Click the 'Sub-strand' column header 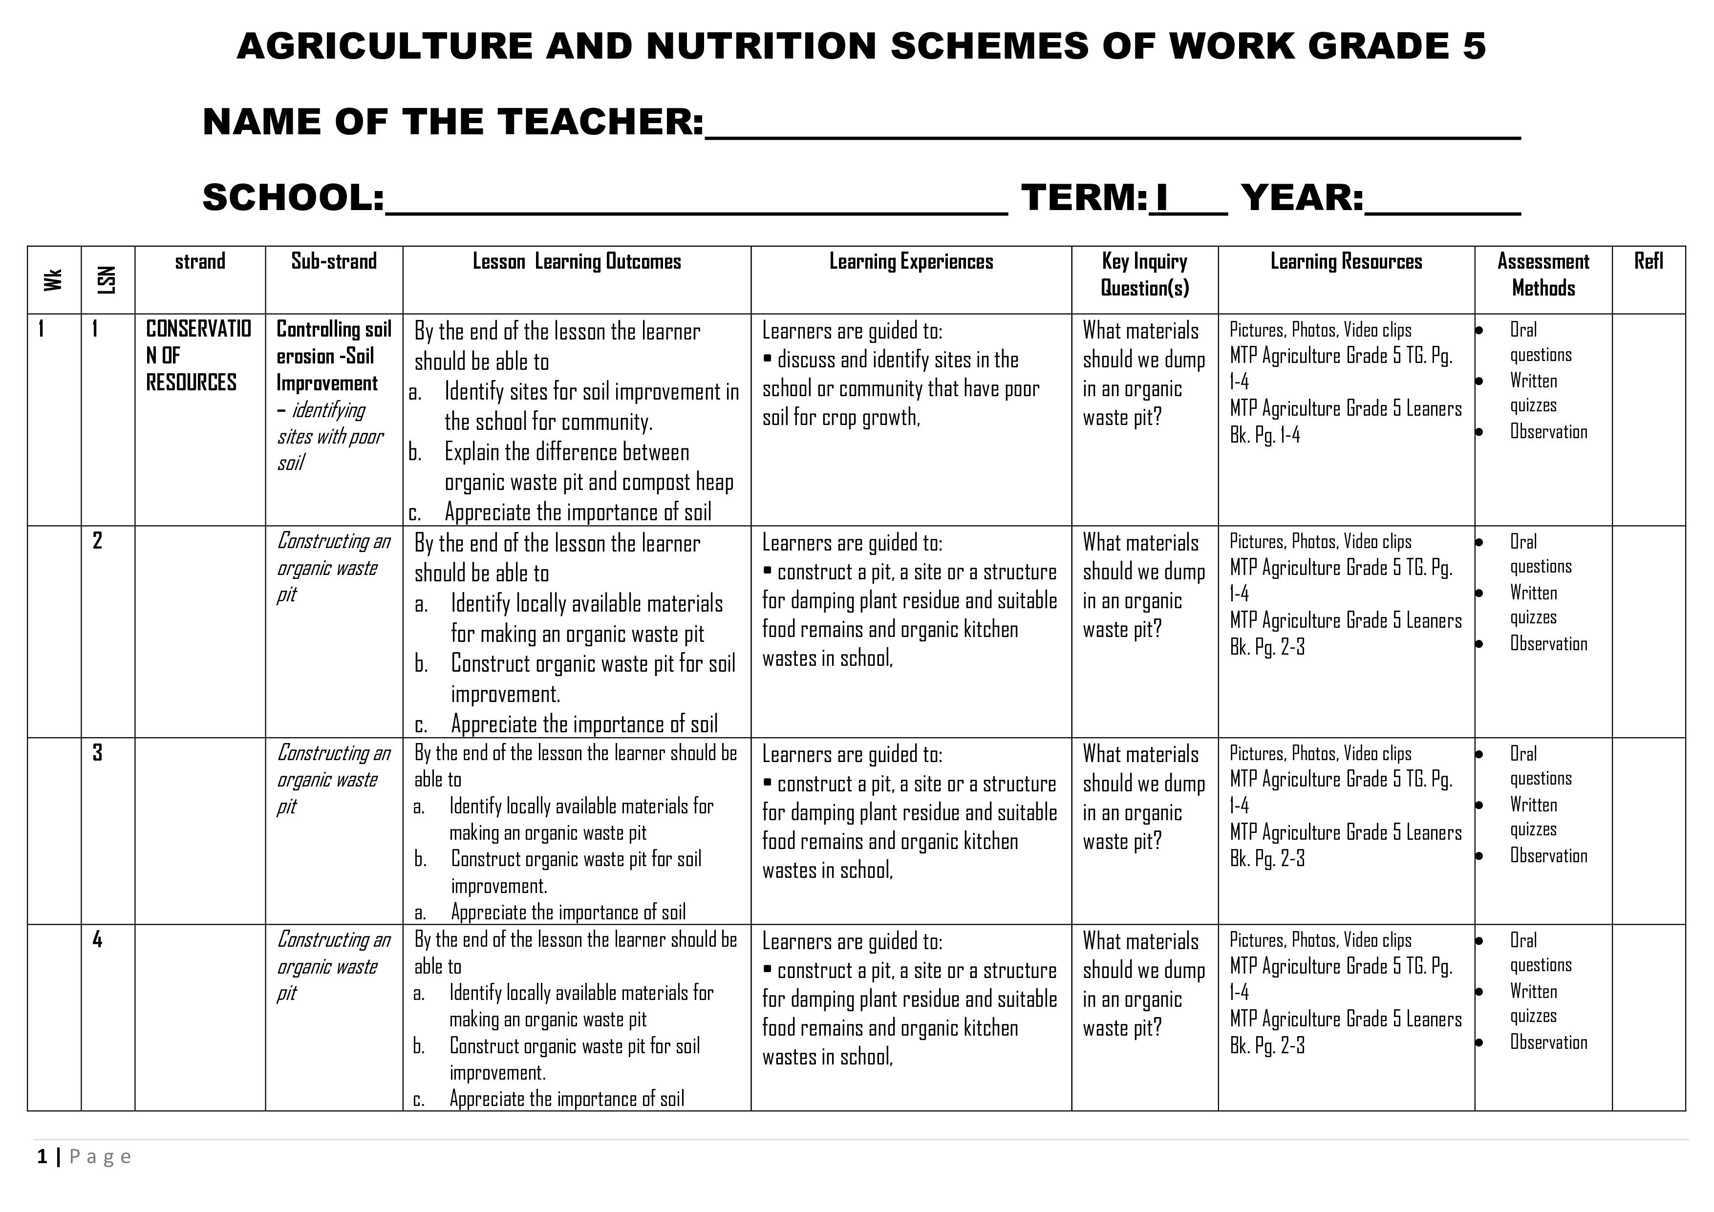point(334,262)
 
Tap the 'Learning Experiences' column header point(911,262)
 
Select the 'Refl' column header point(1649,261)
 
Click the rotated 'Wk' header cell point(53,280)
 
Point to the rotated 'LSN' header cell point(107,280)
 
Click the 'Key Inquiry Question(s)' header point(1144,275)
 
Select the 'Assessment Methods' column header point(1543,275)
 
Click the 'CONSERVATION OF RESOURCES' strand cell point(198,355)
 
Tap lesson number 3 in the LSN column point(97,752)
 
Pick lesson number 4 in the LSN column point(97,939)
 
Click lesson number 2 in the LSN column point(97,540)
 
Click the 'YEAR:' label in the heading point(1302,198)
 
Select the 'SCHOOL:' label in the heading point(293,198)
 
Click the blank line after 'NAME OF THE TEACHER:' point(1113,127)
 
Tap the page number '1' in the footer point(43,1157)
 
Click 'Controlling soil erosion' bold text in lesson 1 point(334,342)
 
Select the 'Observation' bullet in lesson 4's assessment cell point(1548,1042)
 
